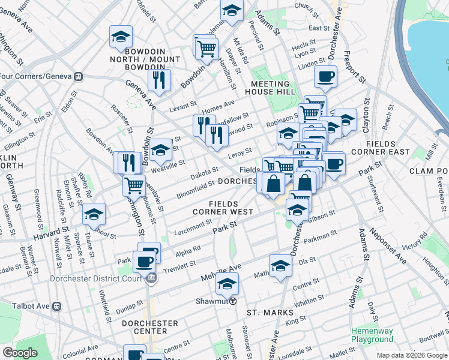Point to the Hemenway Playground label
(x=372, y=335)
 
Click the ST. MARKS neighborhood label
(x=270, y=313)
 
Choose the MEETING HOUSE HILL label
(x=274, y=88)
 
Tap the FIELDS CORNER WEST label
(x=223, y=208)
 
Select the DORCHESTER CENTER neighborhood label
(x=149, y=327)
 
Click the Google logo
(x=20, y=353)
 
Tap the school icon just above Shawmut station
(x=227, y=284)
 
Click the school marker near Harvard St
(x=94, y=214)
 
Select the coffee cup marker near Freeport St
(x=325, y=77)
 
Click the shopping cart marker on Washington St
(x=134, y=185)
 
